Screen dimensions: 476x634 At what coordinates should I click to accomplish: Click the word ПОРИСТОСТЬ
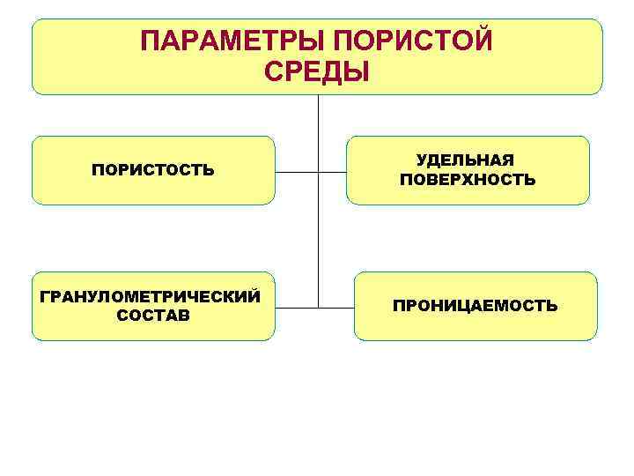pyautogui.click(x=152, y=169)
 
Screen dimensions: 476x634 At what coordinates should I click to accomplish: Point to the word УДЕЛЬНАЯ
pyautogui.click(x=466, y=160)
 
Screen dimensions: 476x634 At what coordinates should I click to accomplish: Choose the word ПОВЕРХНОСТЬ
pyautogui.click(x=467, y=180)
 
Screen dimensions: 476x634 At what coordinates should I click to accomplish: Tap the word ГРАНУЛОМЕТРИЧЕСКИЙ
pyautogui.click(x=151, y=295)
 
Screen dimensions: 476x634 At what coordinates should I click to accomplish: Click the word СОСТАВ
pyautogui.click(x=151, y=316)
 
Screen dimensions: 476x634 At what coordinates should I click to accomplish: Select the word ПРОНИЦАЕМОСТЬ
pyautogui.click(x=475, y=306)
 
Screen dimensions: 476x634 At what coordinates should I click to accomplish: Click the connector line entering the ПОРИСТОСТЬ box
pyautogui.click(x=296, y=172)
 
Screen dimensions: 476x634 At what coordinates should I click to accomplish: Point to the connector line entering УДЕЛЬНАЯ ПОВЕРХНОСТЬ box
pyautogui.click(x=332, y=172)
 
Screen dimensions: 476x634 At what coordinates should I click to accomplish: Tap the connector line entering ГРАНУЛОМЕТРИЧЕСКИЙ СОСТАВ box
pyautogui.click(x=296, y=308)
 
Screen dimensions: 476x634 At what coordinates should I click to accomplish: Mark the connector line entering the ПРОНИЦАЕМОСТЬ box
pyautogui.click(x=335, y=308)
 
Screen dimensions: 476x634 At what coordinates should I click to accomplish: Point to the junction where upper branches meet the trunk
pyautogui.click(x=317, y=172)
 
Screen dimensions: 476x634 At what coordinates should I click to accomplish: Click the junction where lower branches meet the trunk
pyautogui.click(x=317, y=308)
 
